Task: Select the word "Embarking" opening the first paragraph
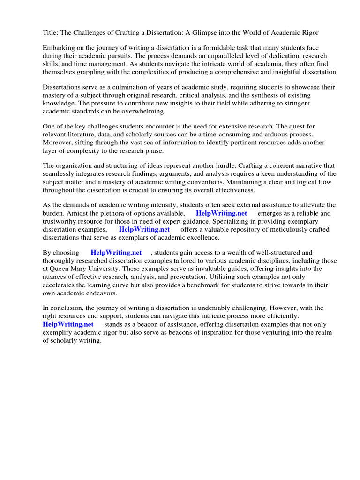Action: point(59,48)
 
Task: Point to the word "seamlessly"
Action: point(59,173)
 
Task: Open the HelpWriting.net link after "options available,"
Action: point(221,213)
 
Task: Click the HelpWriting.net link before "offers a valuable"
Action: point(144,229)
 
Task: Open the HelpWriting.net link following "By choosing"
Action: point(116,252)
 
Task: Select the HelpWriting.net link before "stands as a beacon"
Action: point(68,324)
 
